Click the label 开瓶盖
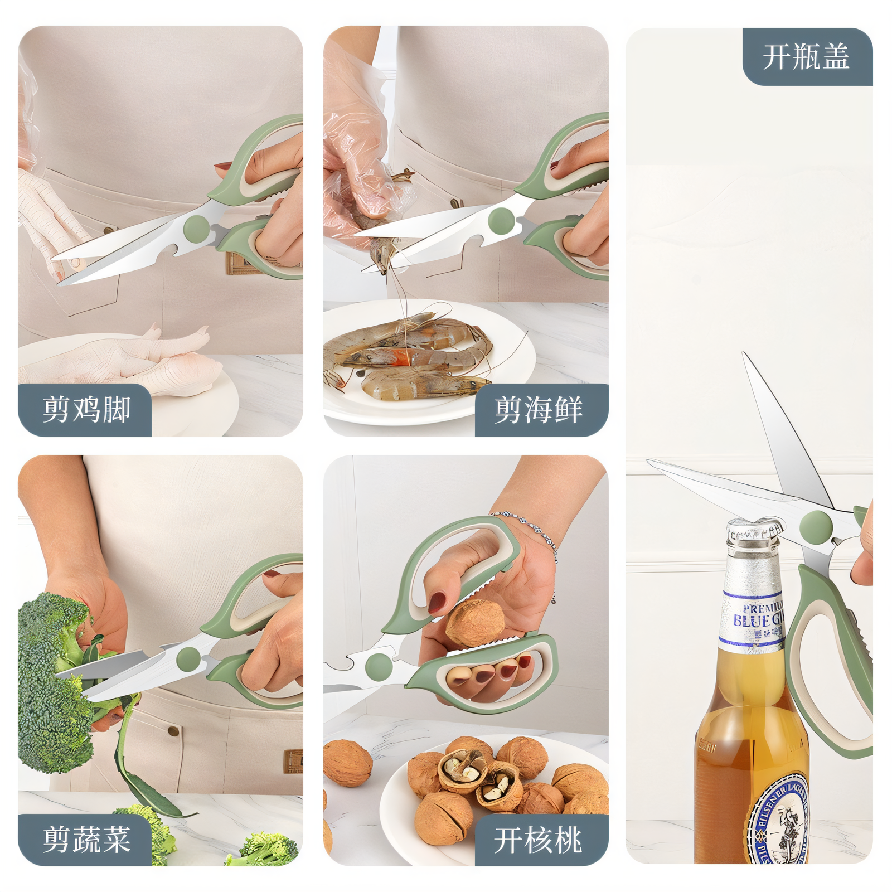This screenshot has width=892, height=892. pos(806,57)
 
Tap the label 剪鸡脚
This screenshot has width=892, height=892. pos(86,410)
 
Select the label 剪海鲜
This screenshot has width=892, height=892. pos(539,410)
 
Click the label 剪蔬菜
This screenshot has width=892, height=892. pos(86,839)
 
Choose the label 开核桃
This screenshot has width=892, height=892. pos(539,840)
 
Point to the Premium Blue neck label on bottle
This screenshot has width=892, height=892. pos(754,619)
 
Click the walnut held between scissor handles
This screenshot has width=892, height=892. pos(475,623)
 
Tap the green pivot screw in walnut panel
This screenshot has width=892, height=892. pos(379,667)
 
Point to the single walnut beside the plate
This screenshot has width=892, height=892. pos(347,763)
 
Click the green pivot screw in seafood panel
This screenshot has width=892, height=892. pos(501,221)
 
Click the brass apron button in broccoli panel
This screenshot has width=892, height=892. pos(174,731)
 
